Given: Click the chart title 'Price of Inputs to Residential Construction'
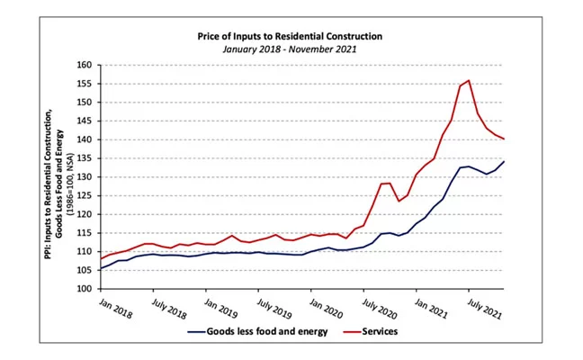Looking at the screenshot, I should point(290,36).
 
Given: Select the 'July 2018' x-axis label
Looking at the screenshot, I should point(167,308).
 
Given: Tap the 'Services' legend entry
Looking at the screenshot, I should point(379,331).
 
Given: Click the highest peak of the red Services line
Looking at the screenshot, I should point(469,81).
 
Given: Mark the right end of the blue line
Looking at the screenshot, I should point(504,162).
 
